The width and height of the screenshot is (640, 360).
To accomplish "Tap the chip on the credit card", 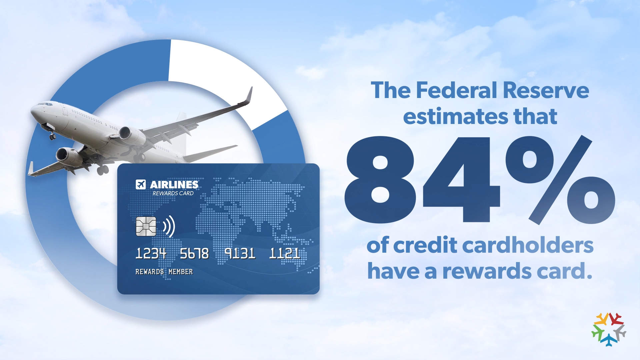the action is (146, 226).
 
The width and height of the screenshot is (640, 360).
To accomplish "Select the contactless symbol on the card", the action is (169, 226).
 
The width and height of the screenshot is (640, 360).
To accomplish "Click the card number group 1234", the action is (151, 254).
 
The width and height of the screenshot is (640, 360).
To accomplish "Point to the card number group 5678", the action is (194, 254).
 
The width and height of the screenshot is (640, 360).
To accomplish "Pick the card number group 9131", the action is (240, 253).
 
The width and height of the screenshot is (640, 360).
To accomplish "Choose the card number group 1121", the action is (285, 253).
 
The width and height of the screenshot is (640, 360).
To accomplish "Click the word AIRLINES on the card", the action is (174, 185).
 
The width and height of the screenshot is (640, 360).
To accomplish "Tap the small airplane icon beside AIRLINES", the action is (141, 184).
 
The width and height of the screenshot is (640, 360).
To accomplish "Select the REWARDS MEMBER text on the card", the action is (164, 272).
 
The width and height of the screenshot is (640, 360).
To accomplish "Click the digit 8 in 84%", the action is (380, 180).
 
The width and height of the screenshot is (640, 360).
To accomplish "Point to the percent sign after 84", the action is (560, 180).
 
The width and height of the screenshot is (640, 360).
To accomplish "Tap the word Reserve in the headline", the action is (546, 90).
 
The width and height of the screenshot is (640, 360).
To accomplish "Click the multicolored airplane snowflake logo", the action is (609, 329).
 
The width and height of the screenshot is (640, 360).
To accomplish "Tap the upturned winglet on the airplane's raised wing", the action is (249, 95).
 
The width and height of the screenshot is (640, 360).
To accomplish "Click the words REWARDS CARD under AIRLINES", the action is (173, 193).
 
